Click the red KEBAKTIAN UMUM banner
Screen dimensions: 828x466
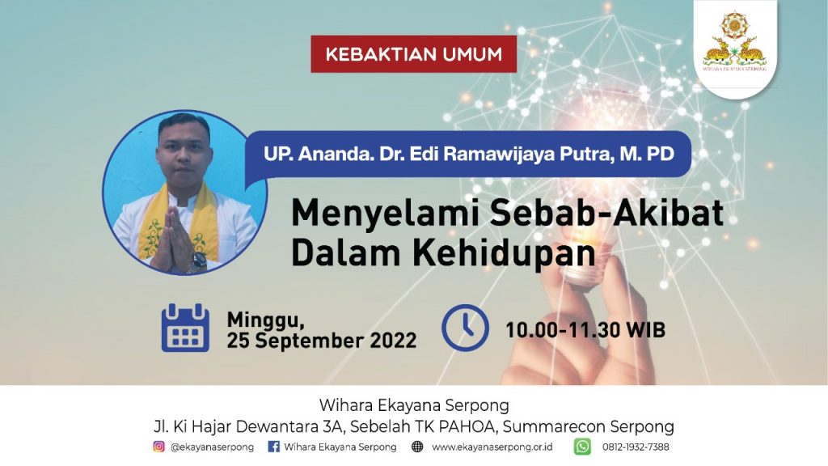tap(413, 54)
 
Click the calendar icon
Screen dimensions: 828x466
tap(185, 328)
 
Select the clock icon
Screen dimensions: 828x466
tap(465, 328)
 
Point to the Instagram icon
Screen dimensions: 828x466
tap(158, 447)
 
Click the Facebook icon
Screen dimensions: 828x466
tap(273, 447)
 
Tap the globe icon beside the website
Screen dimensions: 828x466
tap(417, 447)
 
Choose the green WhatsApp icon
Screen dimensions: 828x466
tap(582, 447)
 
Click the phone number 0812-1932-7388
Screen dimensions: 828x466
tap(636, 447)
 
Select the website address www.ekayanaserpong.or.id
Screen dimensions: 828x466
tap(492, 447)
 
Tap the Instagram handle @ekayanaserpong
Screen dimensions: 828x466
tap(212, 447)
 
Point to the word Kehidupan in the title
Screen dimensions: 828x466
tap(505, 253)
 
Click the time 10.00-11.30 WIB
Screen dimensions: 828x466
tap(585, 330)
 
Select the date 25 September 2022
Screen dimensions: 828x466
tap(322, 341)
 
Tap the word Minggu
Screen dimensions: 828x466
tap(265, 320)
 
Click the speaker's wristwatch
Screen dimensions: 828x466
tap(198, 261)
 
